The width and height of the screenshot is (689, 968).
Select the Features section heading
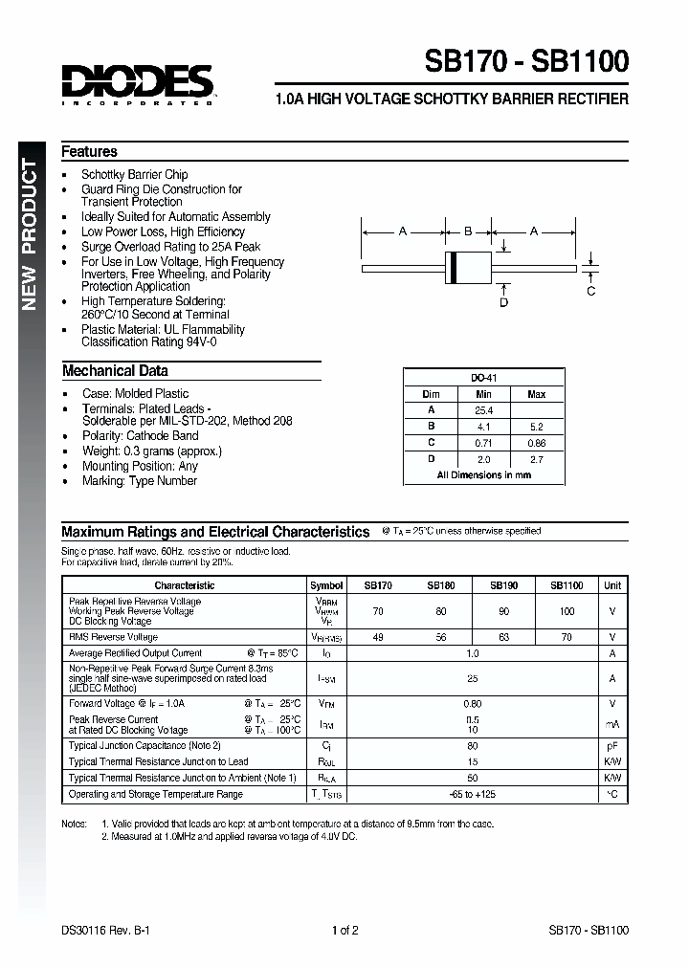pos(89,151)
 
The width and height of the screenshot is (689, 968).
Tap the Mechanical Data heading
pos(115,371)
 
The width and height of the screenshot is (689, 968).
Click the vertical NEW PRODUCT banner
pos(30,234)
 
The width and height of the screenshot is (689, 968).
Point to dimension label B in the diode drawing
pos(468,231)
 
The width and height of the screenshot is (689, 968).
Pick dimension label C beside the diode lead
pos(590,291)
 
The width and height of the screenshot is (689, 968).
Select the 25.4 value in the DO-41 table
pos(483,408)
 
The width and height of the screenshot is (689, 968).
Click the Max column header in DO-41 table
pos(537,394)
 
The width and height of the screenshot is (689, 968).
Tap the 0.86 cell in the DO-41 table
pos(537,442)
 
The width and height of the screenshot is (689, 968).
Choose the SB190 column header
pos(504,585)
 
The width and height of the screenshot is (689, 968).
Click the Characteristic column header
pos(185,585)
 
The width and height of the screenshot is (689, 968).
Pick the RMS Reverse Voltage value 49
pos(378,637)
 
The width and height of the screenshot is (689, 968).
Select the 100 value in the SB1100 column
pos(567,610)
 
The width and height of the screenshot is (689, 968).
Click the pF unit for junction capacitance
pos(612,745)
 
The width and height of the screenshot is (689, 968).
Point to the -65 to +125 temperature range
pos(471,794)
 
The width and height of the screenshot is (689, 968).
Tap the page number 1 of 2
pos(344,930)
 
